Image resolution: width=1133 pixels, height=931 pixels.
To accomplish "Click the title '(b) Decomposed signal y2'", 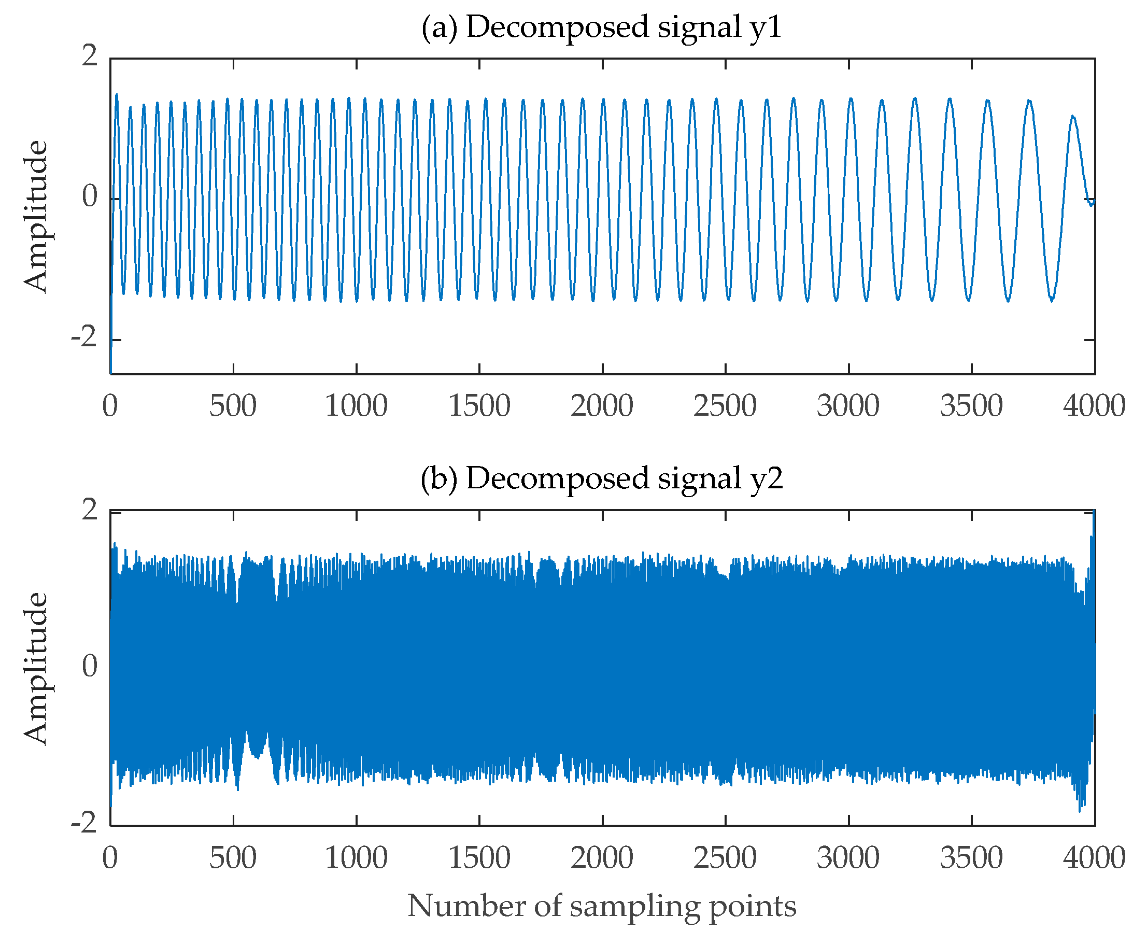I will click(x=602, y=478).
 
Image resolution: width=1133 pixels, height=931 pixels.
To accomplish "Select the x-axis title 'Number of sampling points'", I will click(x=602, y=906).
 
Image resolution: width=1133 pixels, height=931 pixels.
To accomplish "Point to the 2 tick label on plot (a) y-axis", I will click(x=90, y=56).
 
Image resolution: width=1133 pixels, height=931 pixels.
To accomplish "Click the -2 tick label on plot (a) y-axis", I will click(x=84, y=337).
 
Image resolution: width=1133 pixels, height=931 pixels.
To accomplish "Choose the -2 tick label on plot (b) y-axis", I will click(x=84, y=822).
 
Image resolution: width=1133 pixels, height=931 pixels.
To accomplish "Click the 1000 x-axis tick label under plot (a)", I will click(x=356, y=406).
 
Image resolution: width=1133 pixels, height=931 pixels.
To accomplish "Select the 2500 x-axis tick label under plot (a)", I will click(x=725, y=406).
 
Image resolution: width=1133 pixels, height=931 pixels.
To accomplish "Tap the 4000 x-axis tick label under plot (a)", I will click(x=1094, y=406).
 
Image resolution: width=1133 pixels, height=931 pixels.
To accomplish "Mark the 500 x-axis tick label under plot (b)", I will click(x=233, y=858).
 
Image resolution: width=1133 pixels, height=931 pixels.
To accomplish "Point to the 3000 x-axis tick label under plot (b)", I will click(x=848, y=858).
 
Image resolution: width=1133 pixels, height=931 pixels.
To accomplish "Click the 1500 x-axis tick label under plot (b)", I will click(x=479, y=858).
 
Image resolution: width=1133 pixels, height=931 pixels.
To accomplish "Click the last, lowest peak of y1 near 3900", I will click(x=1072, y=116).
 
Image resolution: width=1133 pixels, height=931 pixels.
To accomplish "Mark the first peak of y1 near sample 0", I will click(x=116, y=95).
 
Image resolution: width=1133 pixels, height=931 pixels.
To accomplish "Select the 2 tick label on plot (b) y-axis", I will click(x=90, y=510).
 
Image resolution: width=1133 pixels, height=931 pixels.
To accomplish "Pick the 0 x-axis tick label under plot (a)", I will click(x=110, y=406).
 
